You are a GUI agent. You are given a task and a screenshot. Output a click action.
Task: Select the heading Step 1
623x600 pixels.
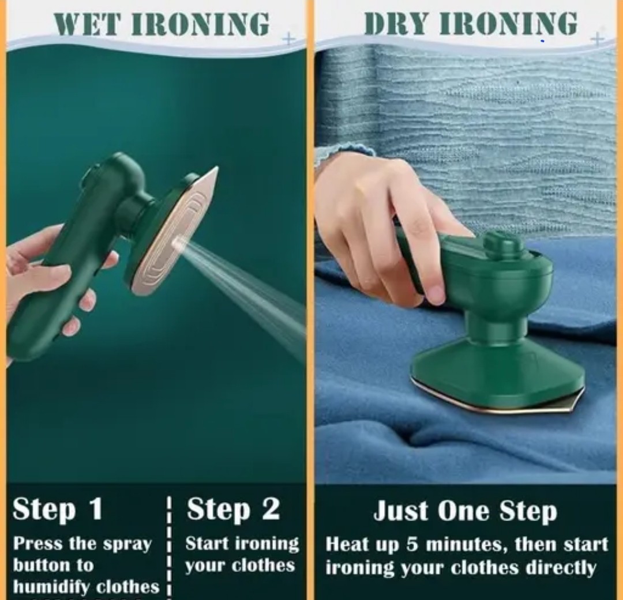click(58, 509)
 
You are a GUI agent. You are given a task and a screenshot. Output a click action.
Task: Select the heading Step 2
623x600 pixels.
click(233, 509)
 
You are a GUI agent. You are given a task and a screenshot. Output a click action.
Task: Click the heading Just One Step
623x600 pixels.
click(465, 511)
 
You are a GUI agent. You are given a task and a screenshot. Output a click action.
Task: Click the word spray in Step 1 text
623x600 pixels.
click(127, 545)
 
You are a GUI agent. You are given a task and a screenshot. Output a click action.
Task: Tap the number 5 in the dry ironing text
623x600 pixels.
click(412, 544)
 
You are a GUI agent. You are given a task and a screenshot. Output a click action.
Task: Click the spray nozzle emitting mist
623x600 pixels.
click(178, 243)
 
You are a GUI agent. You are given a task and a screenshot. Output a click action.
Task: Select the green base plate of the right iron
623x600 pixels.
click(497, 375)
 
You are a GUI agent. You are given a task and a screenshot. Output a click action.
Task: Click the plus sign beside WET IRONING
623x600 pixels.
click(289, 39)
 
